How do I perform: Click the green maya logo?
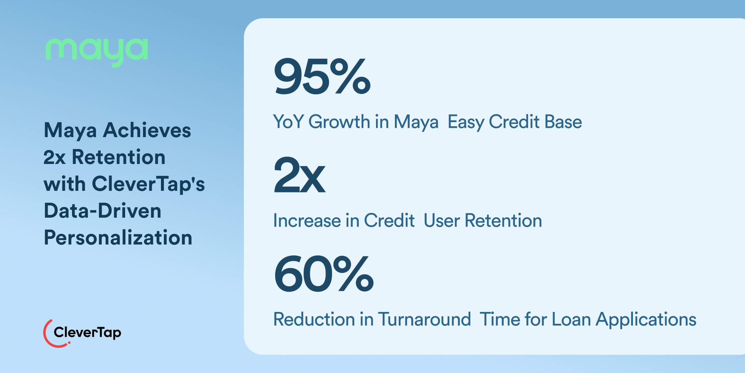97,52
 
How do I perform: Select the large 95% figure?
322,76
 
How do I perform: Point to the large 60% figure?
324,274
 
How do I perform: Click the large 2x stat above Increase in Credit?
300,175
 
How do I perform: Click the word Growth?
339,122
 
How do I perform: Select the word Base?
563,122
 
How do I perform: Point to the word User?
442,221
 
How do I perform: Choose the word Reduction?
314,319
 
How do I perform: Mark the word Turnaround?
424,319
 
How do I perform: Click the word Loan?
571,319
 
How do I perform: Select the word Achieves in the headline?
147,130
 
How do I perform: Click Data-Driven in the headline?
102,211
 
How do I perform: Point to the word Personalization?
118,238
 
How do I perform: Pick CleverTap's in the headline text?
148,184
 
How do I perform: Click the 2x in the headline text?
54,157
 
